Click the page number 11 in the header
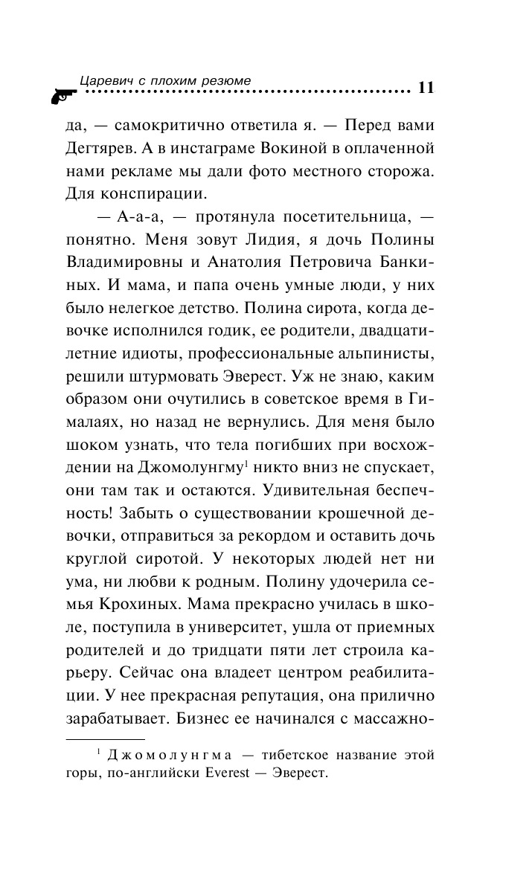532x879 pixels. click(x=426, y=87)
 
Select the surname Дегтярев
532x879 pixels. click(x=100, y=150)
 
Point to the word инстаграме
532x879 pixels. click(x=217, y=150)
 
